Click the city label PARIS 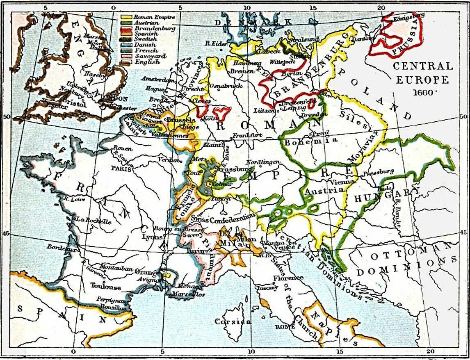point(122,169)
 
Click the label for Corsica point(233,322)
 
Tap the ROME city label point(285,326)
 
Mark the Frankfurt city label point(247,135)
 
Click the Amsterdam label point(157,79)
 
